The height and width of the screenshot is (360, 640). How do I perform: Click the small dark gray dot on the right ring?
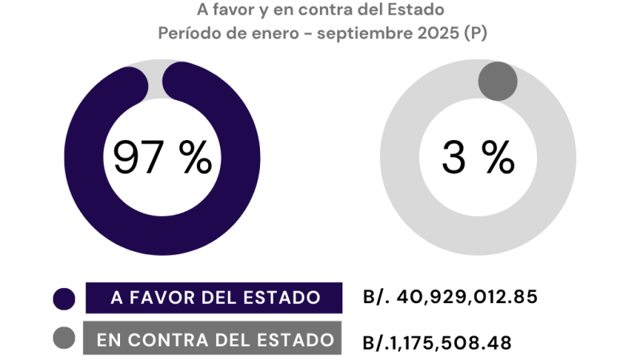pos(498,81)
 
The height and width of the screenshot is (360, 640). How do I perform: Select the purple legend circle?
pos(64,299)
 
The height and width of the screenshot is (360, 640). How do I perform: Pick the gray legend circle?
pos(64,338)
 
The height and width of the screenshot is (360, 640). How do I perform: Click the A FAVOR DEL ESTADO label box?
pos(214,298)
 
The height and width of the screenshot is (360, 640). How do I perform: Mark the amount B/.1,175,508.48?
pos(437,342)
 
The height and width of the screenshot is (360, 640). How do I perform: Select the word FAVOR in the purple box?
pos(158,298)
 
